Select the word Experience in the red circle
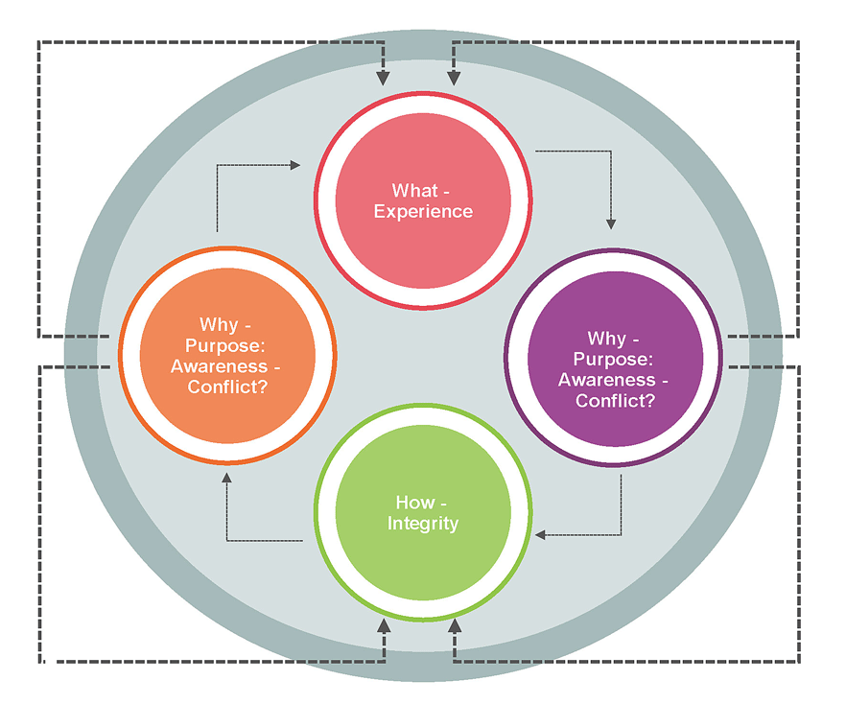423,211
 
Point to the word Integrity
423,524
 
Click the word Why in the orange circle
219,324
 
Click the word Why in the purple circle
607,339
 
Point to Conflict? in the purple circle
615,400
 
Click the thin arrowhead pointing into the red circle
295,165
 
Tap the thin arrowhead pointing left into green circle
540,534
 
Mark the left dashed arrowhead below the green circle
384,626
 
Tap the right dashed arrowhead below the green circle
455,626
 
